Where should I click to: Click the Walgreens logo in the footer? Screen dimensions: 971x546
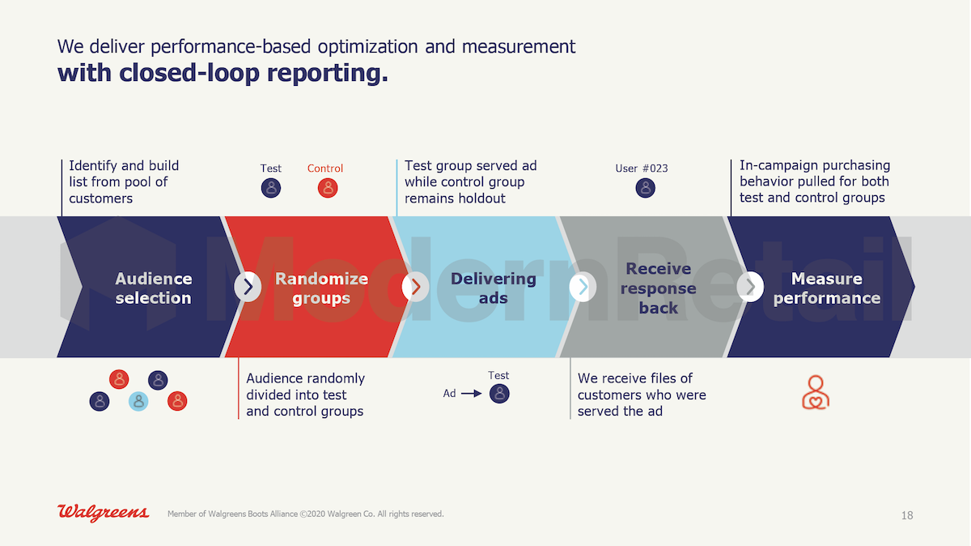[x=104, y=513]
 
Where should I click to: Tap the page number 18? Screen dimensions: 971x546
[x=907, y=515]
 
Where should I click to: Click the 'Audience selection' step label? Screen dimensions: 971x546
[x=154, y=288]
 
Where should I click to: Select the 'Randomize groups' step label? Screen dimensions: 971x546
[x=321, y=288]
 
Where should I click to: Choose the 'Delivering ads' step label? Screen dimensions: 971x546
[x=494, y=288]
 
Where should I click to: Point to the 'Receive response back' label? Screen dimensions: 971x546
[x=658, y=288]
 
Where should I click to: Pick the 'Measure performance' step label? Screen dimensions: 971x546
[x=827, y=288]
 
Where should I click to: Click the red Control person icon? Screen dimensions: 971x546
[x=328, y=188]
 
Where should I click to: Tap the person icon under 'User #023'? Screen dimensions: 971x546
[x=646, y=188]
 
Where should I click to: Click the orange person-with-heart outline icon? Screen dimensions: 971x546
[x=816, y=392]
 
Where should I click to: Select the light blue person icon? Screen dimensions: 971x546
[x=138, y=401]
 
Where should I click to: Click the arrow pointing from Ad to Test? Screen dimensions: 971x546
[x=471, y=394]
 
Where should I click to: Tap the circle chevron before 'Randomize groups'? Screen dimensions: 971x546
[x=248, y=287]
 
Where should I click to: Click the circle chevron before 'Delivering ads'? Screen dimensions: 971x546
[x=415, y=287]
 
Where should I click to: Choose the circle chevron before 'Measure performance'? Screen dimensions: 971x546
[x=750, y=287]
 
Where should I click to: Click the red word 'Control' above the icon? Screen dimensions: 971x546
[x=325, y=168]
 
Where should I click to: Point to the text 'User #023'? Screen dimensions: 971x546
[x=642, y=168]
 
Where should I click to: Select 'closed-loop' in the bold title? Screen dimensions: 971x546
[x=189, y=72]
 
